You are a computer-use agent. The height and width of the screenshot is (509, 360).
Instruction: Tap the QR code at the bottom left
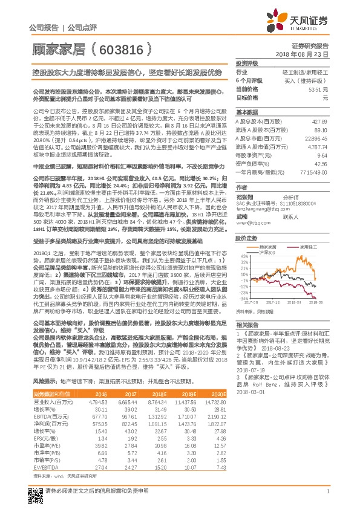34,491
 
